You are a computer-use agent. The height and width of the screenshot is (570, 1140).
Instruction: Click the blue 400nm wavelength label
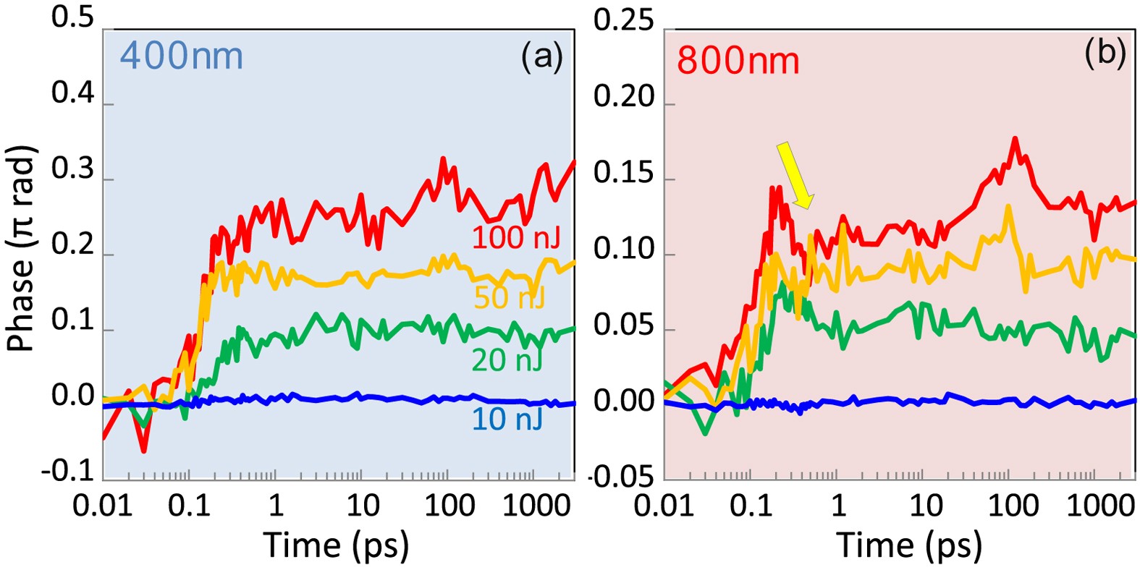click(x=181, y=56)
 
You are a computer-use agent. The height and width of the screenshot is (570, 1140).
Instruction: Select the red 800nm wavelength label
click(x=738, y=61)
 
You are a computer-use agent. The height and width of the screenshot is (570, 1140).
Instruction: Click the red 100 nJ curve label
click(x=516, y=237)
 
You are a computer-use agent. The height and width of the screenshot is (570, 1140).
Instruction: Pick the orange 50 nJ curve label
click(x=509, y=297)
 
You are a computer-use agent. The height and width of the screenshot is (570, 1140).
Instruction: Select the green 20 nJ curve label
click(x=507, y=360)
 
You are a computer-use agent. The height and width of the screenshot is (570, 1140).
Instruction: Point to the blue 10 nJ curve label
click(x=507, y=419)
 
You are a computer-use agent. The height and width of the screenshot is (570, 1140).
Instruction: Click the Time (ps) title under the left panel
click(x=335, y=544)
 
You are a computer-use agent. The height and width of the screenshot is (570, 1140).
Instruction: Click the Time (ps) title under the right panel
click(x=909, y=544)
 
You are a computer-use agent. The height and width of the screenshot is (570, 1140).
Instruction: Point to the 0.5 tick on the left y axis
click(x=72, y=18)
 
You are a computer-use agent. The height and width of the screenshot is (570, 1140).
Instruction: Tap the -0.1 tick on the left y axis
click(x=68, y=472)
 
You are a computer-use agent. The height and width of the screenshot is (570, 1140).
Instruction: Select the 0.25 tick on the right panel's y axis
click(x=623, y=21)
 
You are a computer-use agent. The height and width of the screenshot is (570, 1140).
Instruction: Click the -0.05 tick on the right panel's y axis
click(x=620, y=477)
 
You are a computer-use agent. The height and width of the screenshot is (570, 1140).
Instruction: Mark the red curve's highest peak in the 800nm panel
click(x=1016, y=138)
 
